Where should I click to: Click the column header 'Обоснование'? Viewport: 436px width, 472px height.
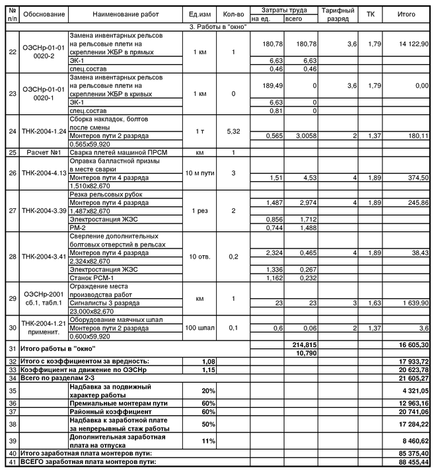point(44,14)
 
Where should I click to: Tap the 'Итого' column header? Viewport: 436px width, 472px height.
point(407,14)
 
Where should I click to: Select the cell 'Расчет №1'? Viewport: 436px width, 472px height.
point(44,152)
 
